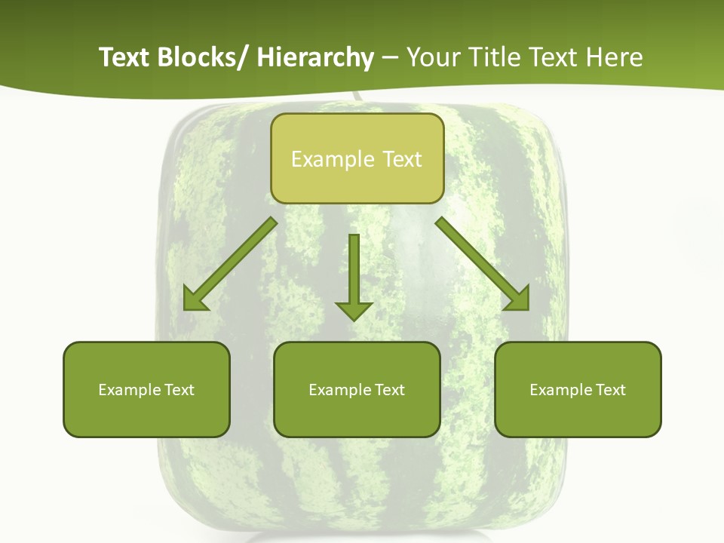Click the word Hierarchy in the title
point(315,57)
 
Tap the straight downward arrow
point(354,271)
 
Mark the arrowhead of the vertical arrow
point(354,310)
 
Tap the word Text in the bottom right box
point(610,390)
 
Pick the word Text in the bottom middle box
point(389,390)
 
